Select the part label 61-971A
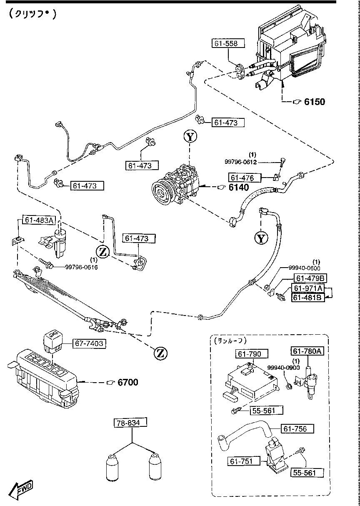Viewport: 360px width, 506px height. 308,288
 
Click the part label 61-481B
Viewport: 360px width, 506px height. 308,298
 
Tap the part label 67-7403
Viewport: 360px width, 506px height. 88,344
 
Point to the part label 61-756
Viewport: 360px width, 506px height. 298,428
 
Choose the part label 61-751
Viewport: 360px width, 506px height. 243,461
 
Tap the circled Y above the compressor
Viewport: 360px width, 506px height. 190,136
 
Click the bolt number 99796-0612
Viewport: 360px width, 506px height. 241,162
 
